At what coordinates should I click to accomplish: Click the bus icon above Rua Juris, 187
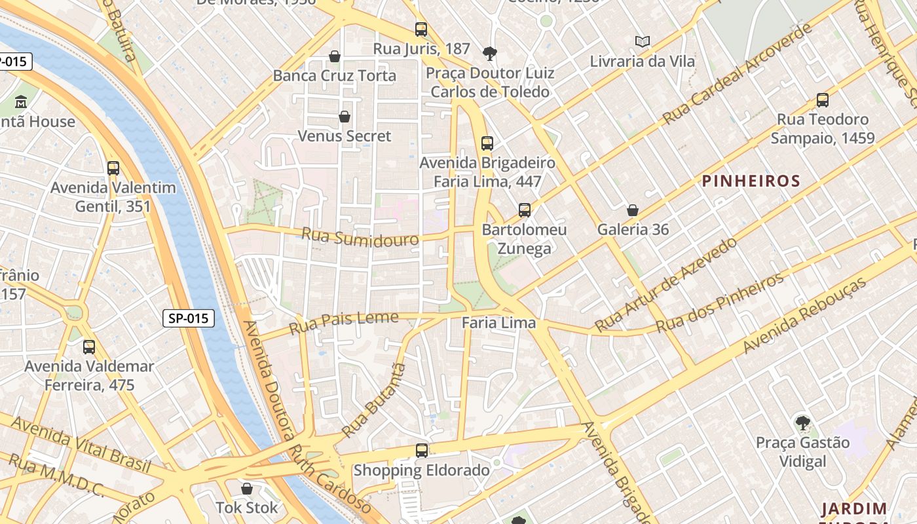click(x=421, y=29)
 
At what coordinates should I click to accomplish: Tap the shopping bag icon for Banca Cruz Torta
click(x=335, y=56)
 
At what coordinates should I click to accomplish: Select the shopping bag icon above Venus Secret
click(x=345, y=117)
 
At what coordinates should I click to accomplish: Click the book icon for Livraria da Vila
click(x=643, y=42)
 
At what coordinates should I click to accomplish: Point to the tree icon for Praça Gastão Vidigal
click(x=802, y=423)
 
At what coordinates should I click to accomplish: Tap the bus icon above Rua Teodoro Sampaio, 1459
click(x=823, y=100)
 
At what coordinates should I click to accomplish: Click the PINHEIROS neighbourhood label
click(x=751, y=181)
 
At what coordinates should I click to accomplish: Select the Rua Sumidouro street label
click(x=360, y=237)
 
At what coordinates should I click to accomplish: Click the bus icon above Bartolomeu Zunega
click(x=525, y=210)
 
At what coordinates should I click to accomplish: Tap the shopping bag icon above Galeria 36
click(x=633, y=210)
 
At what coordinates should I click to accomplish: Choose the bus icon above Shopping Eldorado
click(x=422, y=451)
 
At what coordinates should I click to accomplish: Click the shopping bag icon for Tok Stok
click(x=247, y=489)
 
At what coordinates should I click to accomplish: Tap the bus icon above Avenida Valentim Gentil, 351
click(x=113, y=168)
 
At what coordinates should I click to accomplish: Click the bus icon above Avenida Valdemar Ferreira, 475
click(x=89, y=347)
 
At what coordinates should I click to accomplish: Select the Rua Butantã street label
click(x=374, y=400)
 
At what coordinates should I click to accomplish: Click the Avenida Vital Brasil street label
click(x=81, y=445)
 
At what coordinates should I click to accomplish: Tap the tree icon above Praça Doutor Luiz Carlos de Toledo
click(x=489, y=53)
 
